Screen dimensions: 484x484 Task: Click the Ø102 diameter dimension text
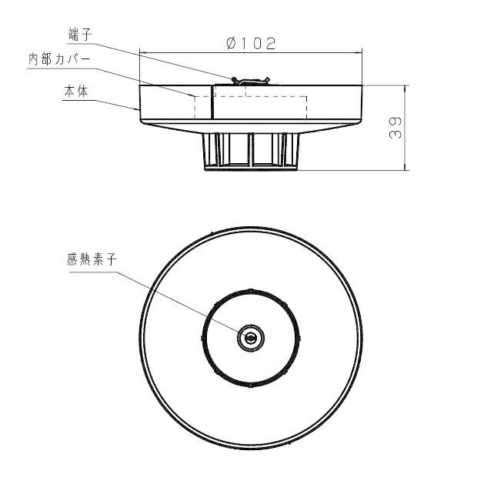[251, 43]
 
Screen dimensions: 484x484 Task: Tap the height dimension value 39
[395, 127]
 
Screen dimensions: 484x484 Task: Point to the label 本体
[76, 90]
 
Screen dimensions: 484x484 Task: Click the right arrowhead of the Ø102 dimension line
[360, 52]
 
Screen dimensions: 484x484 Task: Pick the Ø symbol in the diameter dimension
[231, 43]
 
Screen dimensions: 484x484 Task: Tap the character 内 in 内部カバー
[34, 59]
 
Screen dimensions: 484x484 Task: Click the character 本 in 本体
[69, 90]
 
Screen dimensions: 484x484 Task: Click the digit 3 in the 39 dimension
[395, 133]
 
